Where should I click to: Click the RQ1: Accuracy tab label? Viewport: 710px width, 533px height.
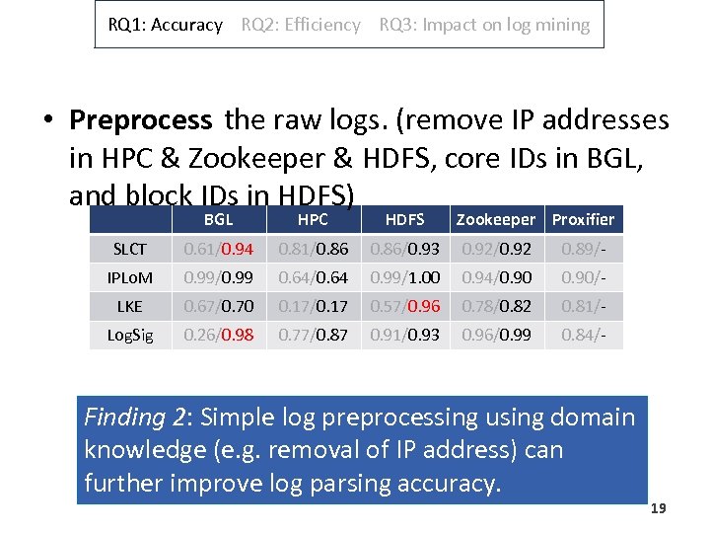[x=166, y=26]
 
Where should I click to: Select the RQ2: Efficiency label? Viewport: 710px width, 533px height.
[x=301, y=26]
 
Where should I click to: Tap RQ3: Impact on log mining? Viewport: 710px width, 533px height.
[x=484, y=26]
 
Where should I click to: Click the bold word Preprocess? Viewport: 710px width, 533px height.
[x=140, y=121]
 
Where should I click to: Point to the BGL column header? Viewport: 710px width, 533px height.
[x=218, y=220]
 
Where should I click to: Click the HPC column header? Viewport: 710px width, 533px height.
[x=313, y=220]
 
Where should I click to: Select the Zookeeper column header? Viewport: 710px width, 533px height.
[x=496, y=220]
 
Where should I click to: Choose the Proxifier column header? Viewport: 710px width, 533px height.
[x=583, y=220]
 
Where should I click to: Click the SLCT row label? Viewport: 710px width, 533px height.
[x=130, y=250]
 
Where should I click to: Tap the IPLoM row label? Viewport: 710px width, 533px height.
[x=130, y=278]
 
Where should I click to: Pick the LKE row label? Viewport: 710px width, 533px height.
[x=130, y=307]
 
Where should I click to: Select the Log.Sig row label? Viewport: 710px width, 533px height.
[x=130, y=336]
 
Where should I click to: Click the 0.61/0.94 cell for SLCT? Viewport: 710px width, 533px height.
[x=218, y=250]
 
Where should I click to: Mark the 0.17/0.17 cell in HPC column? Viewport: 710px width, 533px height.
[x=313, y=307]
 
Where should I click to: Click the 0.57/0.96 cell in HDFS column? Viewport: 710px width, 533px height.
[x=404, y=307]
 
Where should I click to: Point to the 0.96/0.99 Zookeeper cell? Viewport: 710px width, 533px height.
[x=496, y=336]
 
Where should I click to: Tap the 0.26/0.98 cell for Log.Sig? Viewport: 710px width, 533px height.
[x=218, y=336]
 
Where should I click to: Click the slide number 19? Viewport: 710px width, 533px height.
[x=659, y=508]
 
